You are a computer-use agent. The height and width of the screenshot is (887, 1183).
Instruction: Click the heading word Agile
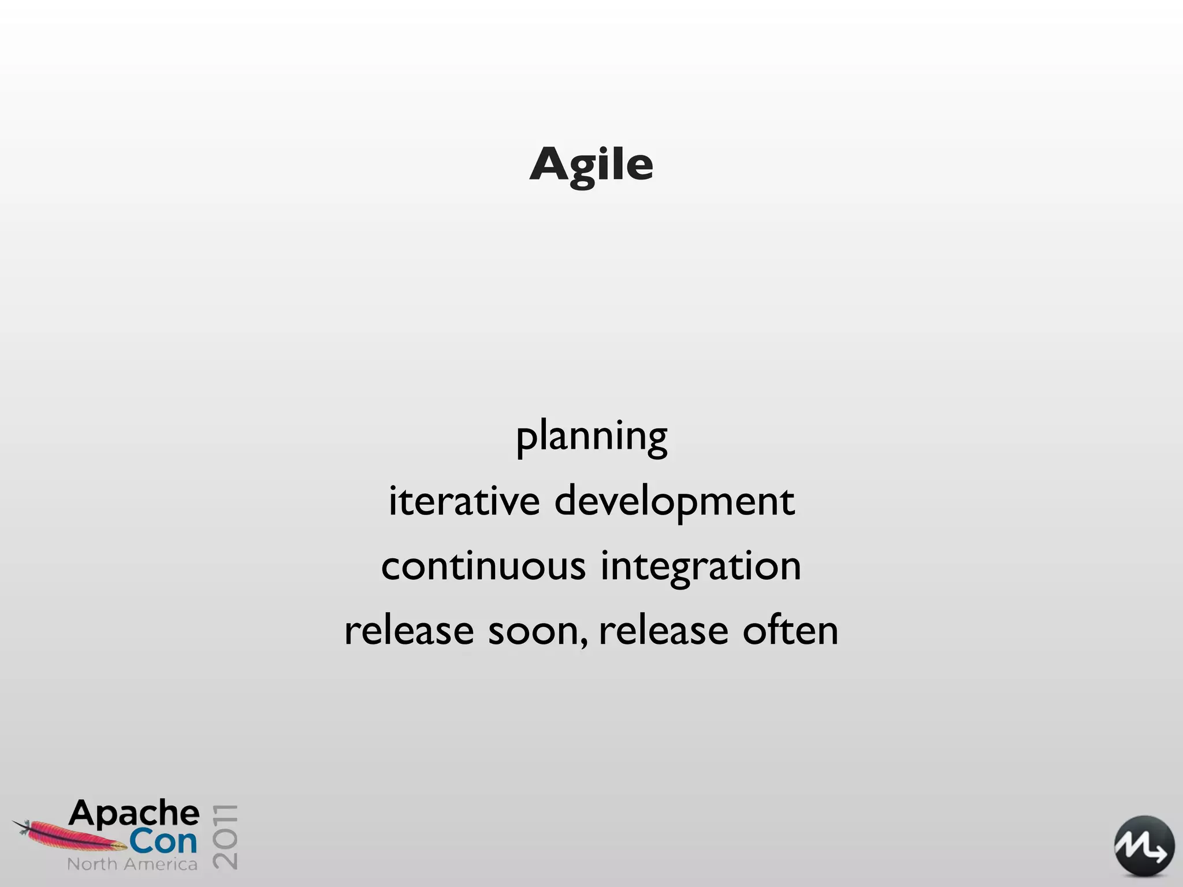coord(591,165)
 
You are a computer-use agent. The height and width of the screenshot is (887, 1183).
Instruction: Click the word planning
coord(591,437)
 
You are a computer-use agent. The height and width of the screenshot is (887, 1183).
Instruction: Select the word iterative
coord(464,501)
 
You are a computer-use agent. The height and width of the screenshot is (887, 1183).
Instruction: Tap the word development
coord(674,502)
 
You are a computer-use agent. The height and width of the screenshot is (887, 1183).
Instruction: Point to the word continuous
coord(483,567)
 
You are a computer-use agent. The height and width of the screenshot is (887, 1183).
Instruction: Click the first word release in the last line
coord(409,631)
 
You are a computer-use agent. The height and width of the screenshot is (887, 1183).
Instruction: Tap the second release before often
coord(663,631)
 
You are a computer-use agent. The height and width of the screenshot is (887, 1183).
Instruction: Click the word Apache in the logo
coord(134,814)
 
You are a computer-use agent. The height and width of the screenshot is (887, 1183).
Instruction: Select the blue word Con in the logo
coord(163,842)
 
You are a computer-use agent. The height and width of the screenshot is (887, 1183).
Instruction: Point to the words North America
coord(132,864)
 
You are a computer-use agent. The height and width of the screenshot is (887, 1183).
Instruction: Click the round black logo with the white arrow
coord(1144,846)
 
